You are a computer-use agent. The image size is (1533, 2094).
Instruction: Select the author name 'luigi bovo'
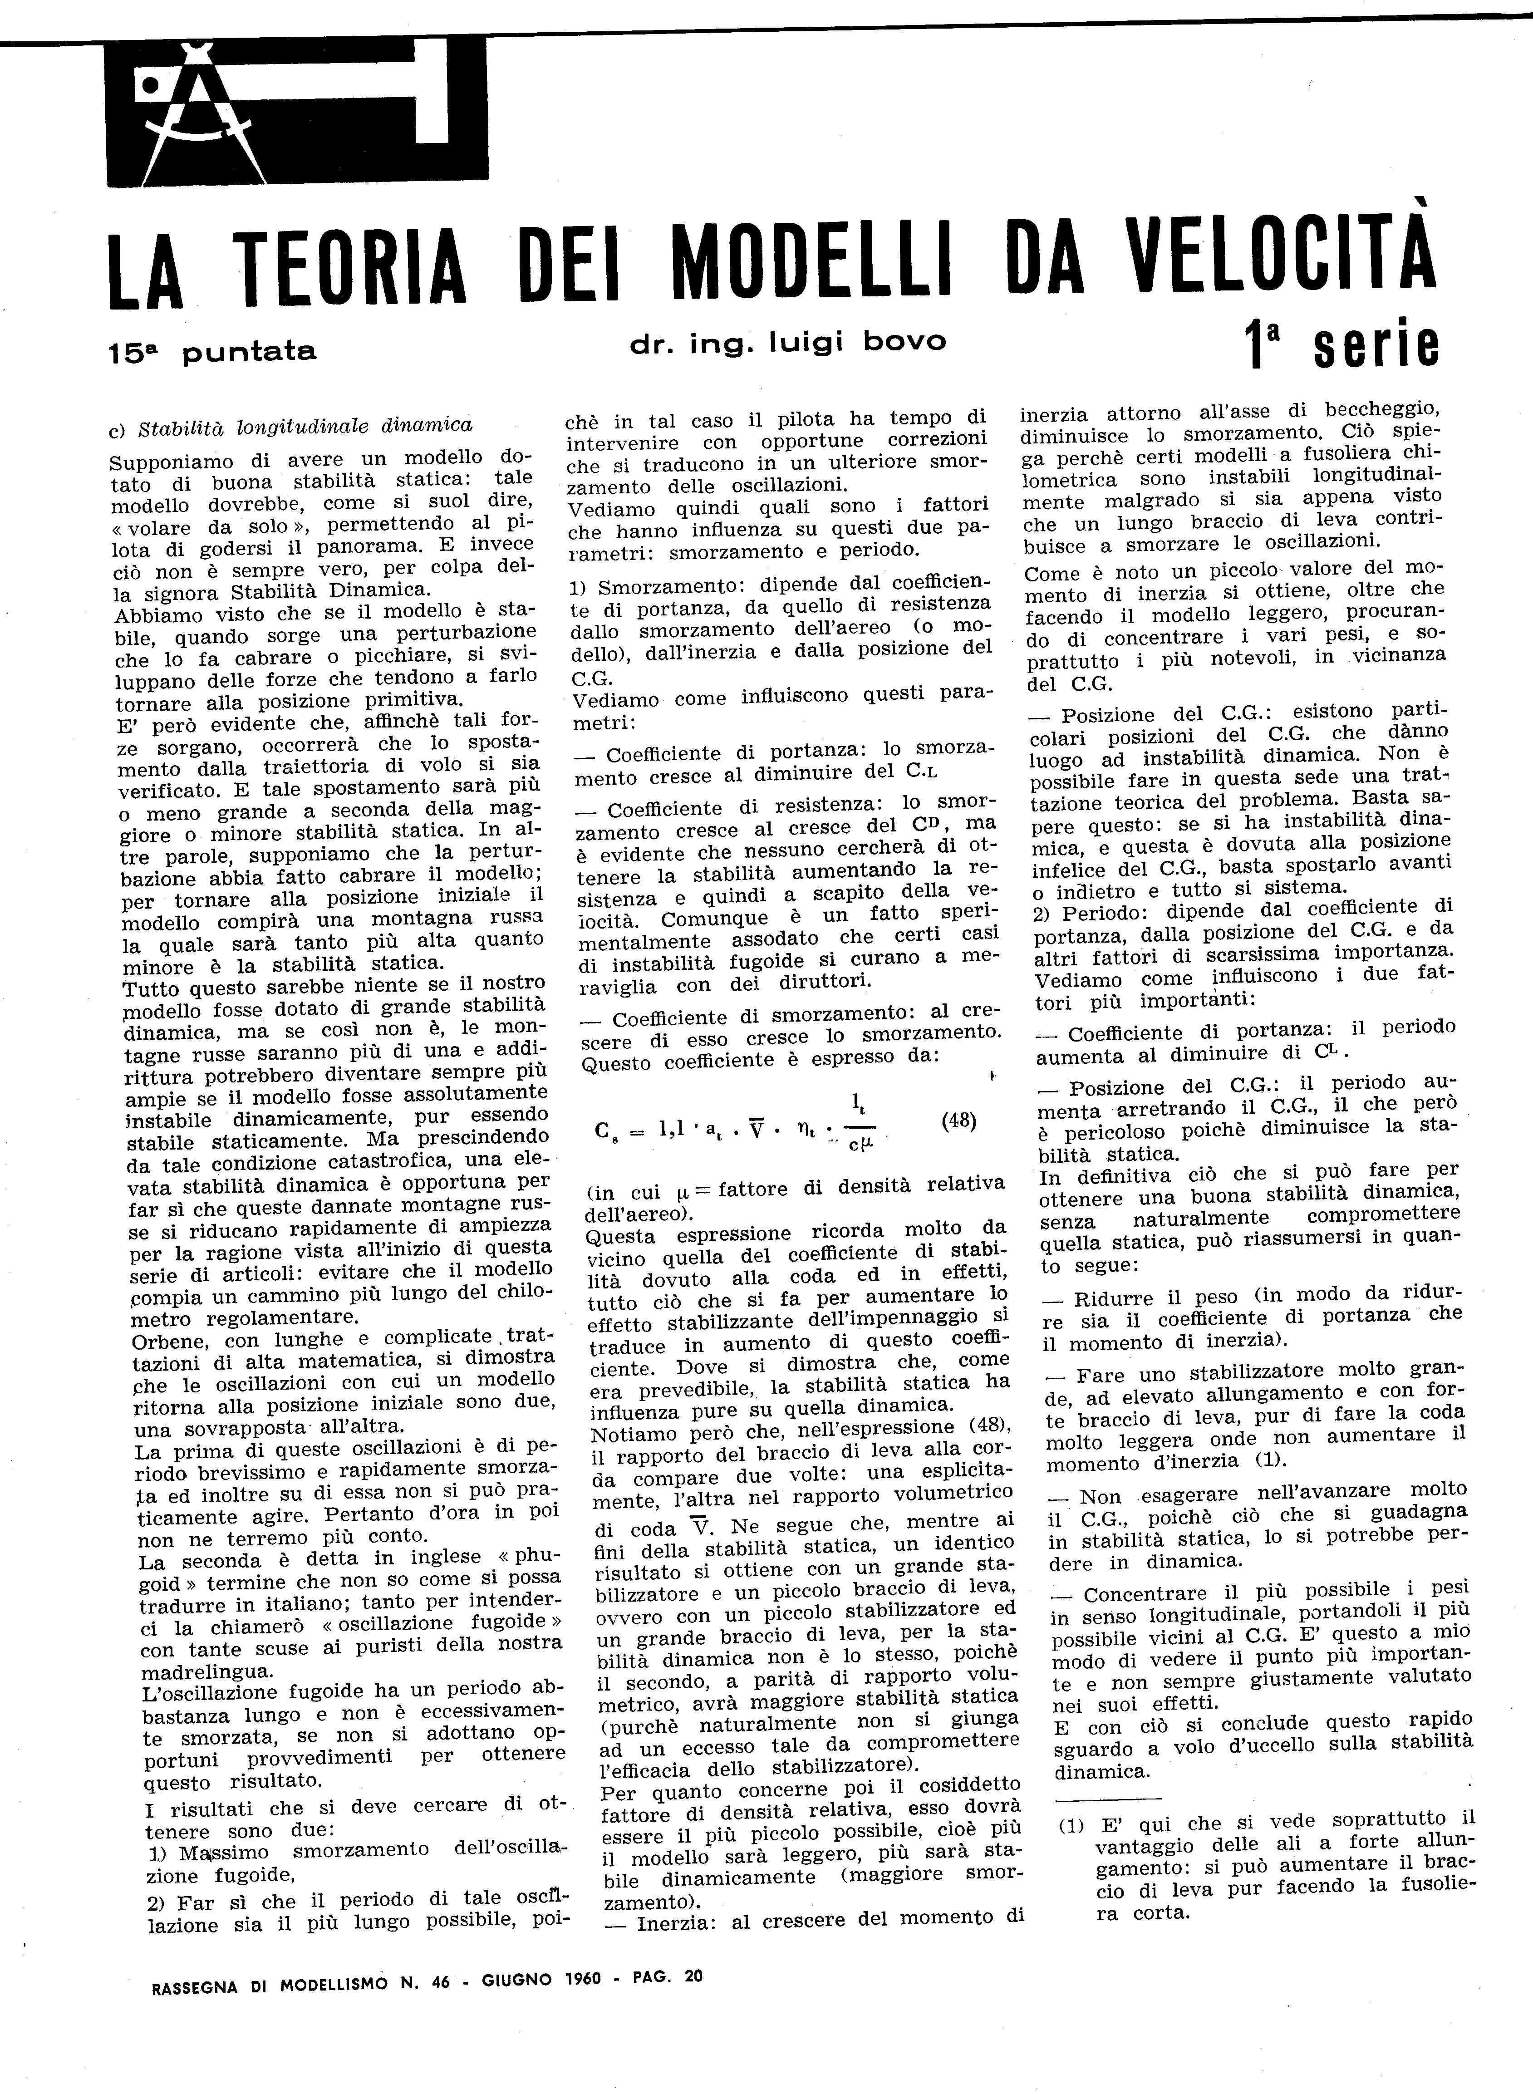(858, 343)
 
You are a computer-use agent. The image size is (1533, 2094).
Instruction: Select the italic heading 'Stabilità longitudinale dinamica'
(306, 427)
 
